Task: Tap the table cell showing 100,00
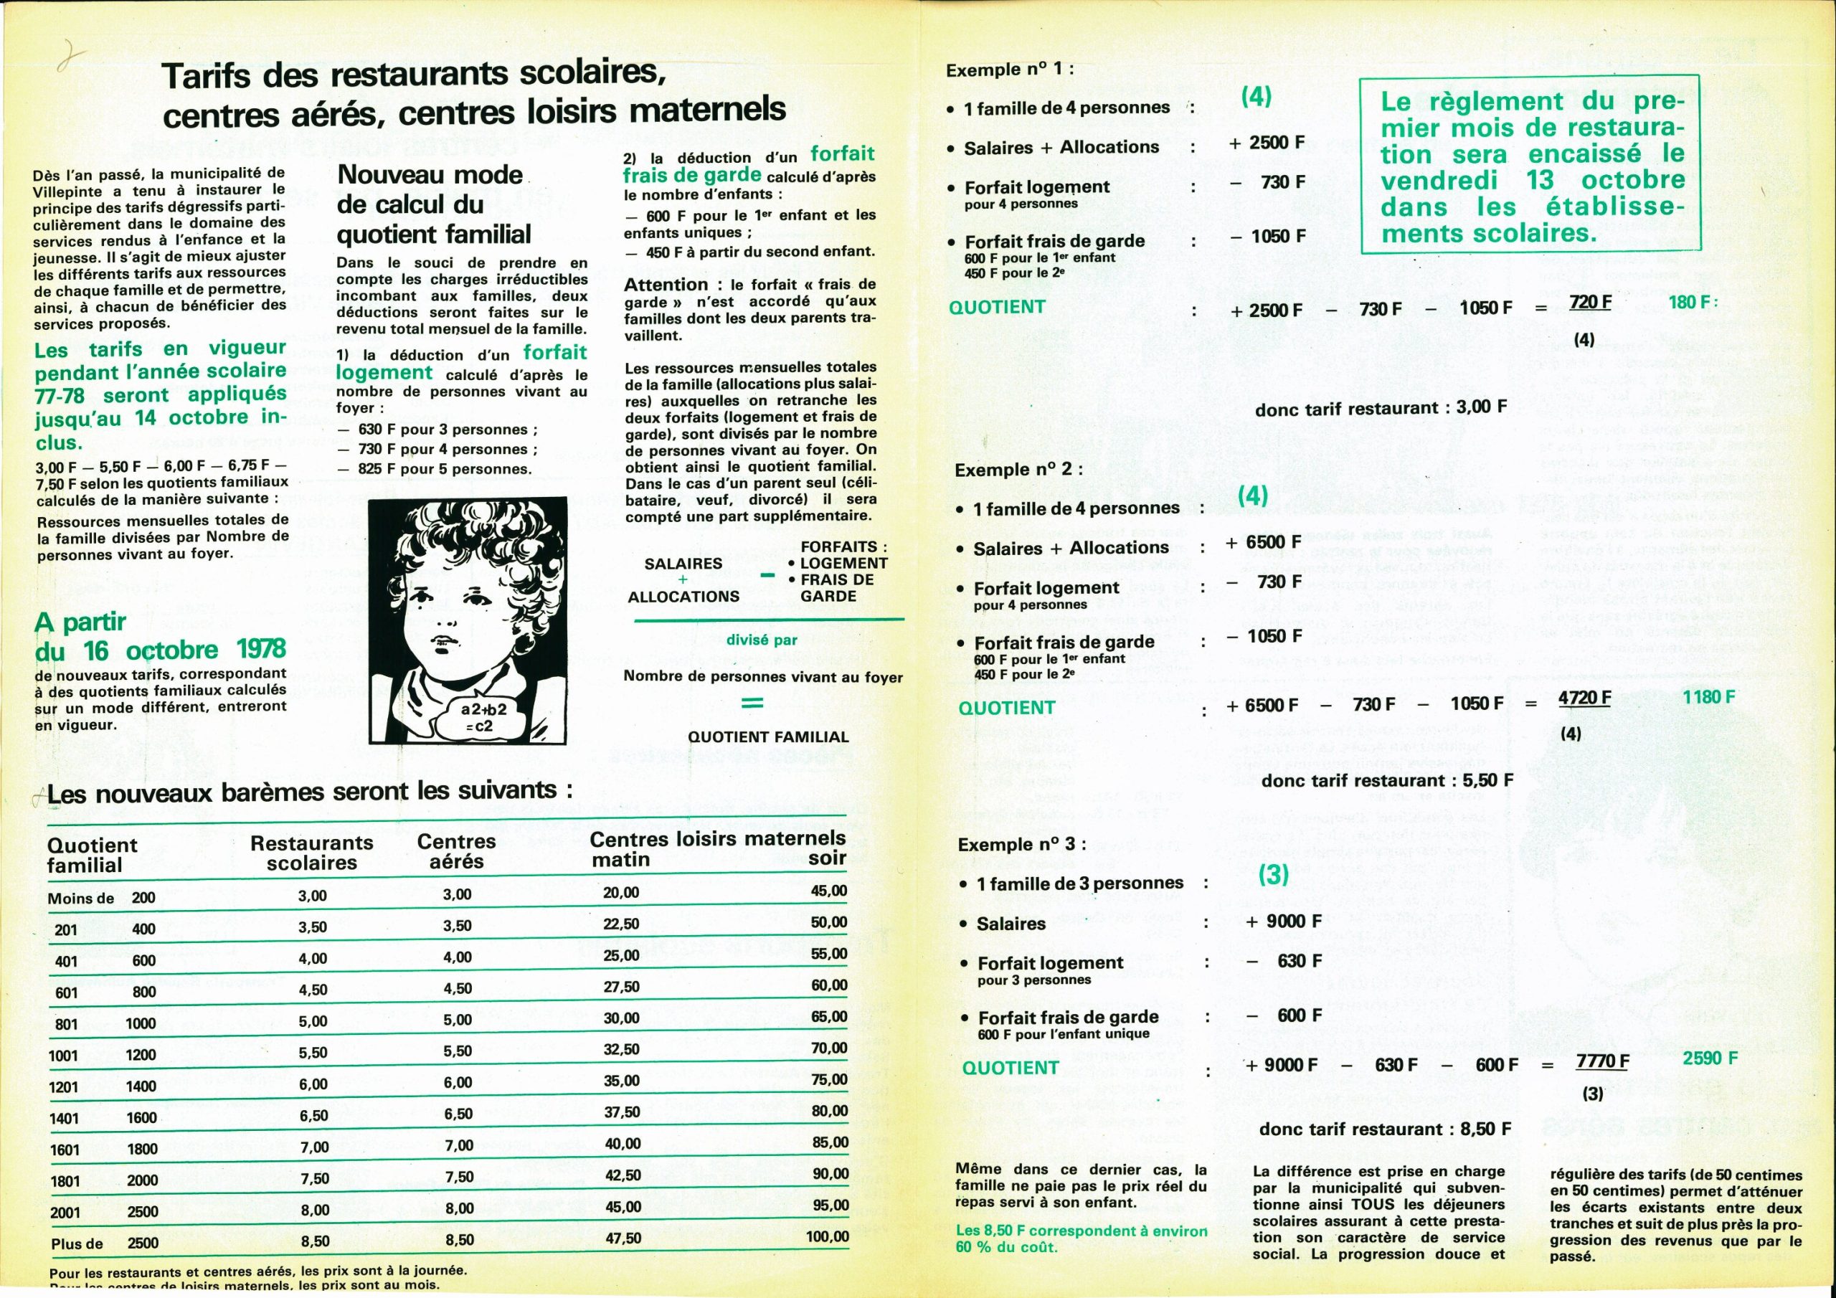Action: pyautogui.click(x=827, y=1236)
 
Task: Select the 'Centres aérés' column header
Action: pyautogui.click(x=457, y=851)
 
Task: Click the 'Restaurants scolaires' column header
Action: pyautogui.click(x=312, y=853)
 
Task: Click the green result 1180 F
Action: pyautogui.click(x=1709, y=697)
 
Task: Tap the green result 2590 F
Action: pyautogui.click(x=1710, y=1058)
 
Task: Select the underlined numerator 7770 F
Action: pyautogui.click(x=1601, y=1061)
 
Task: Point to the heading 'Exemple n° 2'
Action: pyautogui.click(x=1018, y=470)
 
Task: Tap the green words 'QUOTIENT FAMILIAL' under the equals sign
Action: pyautogui.click(x=767, y=736)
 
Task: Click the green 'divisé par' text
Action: pyautogui.click(x=761, y=640)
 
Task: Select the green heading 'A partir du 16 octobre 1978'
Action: pyautogui.click(x=160, y=636)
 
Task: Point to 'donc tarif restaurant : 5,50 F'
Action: pyautogui.click(x=1386, y=779)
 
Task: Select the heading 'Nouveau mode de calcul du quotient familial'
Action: pyautogui.click(x=433, y=204)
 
